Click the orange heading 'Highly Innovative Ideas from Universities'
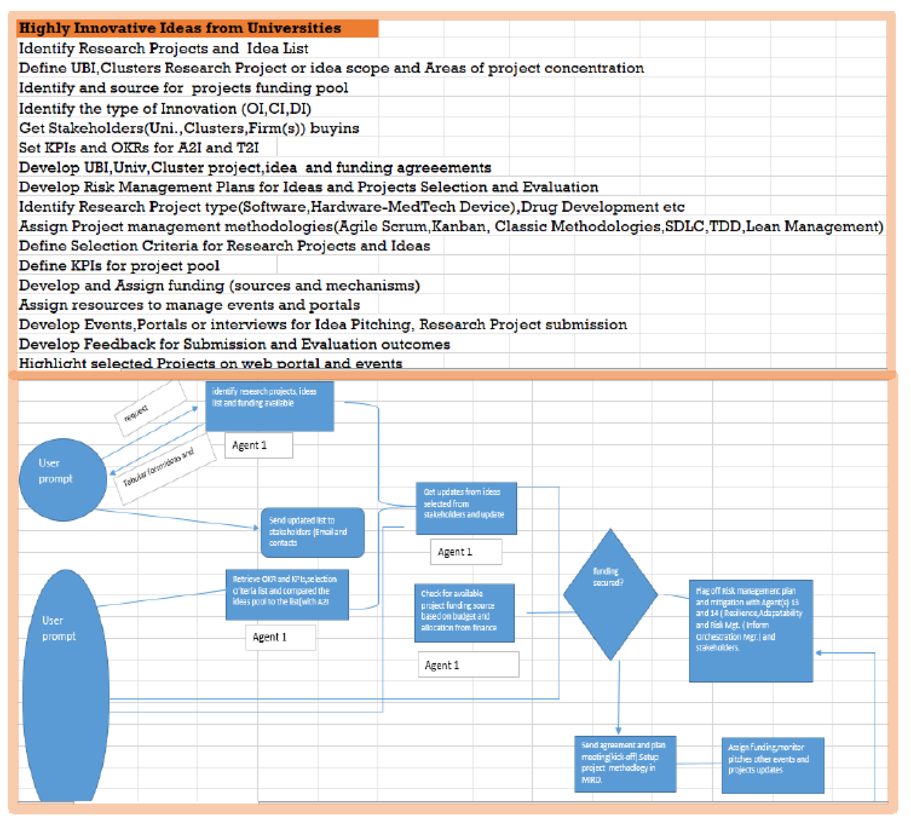coord(180,28)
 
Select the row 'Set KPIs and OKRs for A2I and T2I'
coord(139,148)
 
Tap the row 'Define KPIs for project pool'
coord(119,266)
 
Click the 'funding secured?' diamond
coord(610,594)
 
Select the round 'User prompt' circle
coord(63,480)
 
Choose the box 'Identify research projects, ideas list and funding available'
coord(270,406)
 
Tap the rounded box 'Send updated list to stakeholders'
coord(313,532)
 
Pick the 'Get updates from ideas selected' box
coord(466,508)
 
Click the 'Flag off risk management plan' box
coord(751,630)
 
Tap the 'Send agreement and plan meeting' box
coord(625,764)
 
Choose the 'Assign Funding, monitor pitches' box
coord(773,765)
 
